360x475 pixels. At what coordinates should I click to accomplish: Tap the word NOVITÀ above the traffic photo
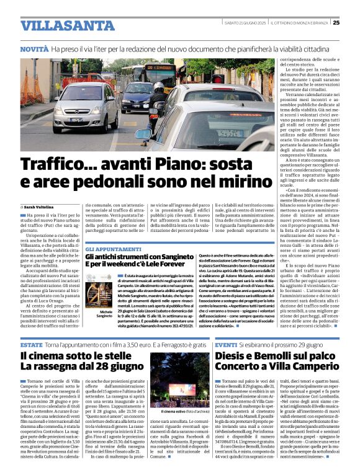(x=34, y=48)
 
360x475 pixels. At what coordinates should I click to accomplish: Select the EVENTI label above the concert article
(x=227, y=344)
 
